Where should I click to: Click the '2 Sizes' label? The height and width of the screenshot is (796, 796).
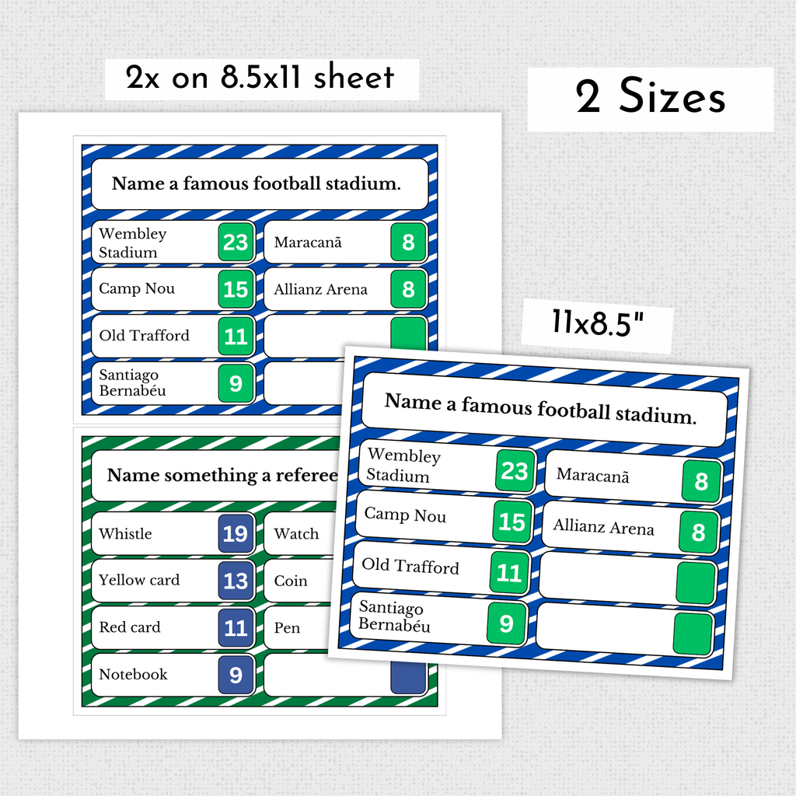pyautogui.click(x=651, y=96)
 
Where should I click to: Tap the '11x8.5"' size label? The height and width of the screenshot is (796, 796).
pyautogui.click(x=598, y=323)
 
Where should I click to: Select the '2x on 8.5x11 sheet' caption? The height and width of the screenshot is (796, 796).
pyautogui.click(x=260, y=77)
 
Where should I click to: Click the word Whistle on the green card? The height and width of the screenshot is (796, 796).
pyautogui.click(x=125, y=533)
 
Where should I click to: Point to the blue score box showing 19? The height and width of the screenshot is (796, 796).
pyautogui.click(x=236, y=533)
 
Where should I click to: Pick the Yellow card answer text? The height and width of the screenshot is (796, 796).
pyautogui.click(x=139, y=580)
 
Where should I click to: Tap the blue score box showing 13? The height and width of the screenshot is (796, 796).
pyautogui.click(x=236, y=581)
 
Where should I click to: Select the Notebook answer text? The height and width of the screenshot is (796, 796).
pyautogui.click(x=133, y=674)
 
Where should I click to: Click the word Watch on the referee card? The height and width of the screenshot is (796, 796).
pyautogui.click(x=296, y=533)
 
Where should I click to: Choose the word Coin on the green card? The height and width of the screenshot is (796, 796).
pyautogui.click(x=291, y=580)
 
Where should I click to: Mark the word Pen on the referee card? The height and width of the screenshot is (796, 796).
pyautogui.click(x=287, y=628)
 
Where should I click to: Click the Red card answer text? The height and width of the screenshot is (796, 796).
pyautogui.click(x=130, y=627)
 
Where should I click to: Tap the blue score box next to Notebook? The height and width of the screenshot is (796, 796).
pyautogui.click(x=236, y=675)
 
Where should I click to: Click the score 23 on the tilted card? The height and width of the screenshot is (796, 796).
pyautogui.click(x=515, y=471)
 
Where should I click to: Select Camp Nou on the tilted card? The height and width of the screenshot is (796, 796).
pyautogui.click(x=405, y=515)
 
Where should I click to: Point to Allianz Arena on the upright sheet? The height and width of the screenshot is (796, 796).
pyautogui.click(x=320, y=289)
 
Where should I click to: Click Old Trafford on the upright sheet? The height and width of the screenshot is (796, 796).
pyautogui.click(x=144, y=335)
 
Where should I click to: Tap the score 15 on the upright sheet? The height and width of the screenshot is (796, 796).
pyautogui.click(x=236, y=289)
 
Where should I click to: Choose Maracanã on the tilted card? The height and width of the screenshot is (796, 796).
pyautogui.click(x=592, y=476)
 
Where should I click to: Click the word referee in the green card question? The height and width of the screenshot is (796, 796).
pyautogui.click(x=306, y=475)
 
